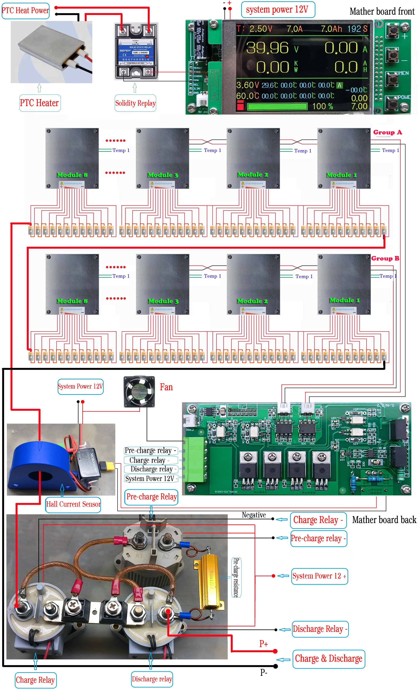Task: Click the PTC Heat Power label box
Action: pyautogui.click(x=25, y=11)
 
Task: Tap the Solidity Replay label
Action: pyautogui.click(x=135, y=103)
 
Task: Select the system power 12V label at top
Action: pyautogui.click(x=278, y=10)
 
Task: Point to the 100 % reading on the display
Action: pyautogui.click(x=322, y=106)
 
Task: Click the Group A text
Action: pyautogui.click(x=387, y=132)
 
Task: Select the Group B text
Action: pyautogui.click(x=385, y=258)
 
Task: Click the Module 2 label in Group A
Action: pyautogui.click(x=253, y=175)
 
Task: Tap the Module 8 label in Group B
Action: pyautogui.click(x=72, y=301)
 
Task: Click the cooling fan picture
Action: pyautogui.click(x=139, y=391)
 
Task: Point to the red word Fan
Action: pyautogui.click(x=166, y=387)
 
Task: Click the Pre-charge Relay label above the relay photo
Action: pyautogui.click(x=151, y=497)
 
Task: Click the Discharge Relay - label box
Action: pyautogui.click(x=320, y=629)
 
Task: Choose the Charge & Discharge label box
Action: pyautogui.click(x=329, y=659)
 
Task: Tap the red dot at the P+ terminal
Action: pyautogui.click(x=275, y=651)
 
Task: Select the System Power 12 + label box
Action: pyautogui.click(x=319, y=576)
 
